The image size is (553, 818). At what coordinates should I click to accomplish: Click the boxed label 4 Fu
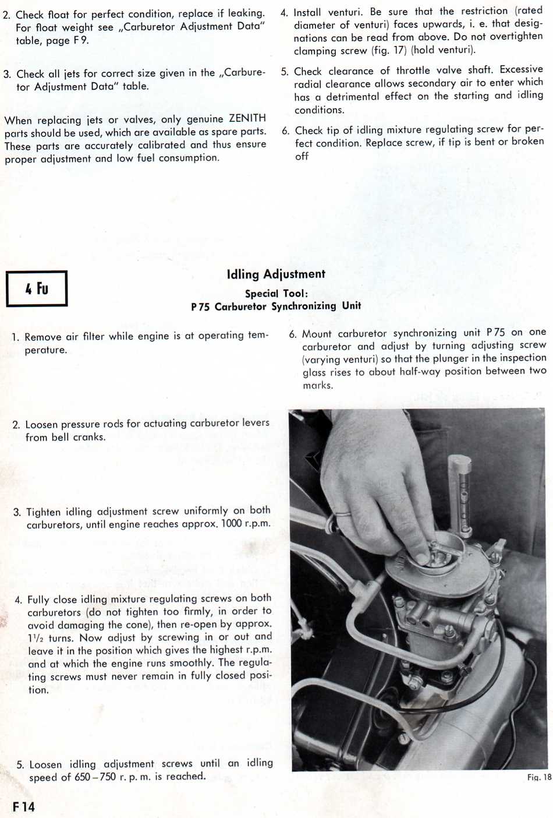click(x=37, y=288)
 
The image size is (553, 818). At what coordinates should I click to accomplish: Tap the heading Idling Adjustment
click(x=276, y=274)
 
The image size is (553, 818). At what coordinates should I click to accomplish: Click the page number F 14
click(x=24, y=807)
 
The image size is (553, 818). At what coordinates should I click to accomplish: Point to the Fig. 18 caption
click(x=539, y=777)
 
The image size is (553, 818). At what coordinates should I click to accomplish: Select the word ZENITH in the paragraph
click(x=247, y=118)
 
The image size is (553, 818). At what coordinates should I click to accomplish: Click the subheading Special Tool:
click(x=276, y=294)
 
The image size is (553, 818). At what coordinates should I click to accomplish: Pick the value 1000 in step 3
click(x=231, y=524)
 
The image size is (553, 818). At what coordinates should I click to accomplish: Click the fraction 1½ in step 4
click(x=36, y=638)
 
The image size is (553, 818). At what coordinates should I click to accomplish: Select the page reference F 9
click(x=80, y=41)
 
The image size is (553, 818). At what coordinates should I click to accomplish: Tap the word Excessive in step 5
click(x=521, y=69)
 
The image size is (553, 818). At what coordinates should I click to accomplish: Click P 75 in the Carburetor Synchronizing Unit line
click(x=200, y=307)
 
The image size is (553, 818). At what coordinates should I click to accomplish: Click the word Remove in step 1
click(x=44, y=337)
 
